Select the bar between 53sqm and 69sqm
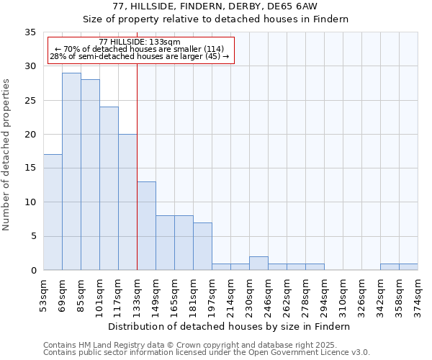pyautogui.click(x=53, y=212)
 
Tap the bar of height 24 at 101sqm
pyautogui.click(x=109, y=189)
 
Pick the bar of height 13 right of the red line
pyautogui.click(x=146, y=226)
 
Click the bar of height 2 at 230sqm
pyautogui.click(x=258, y=264)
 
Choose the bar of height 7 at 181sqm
pyautogui.click(x=202, y=246)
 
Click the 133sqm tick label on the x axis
pyautogui.click(x=137, y=295)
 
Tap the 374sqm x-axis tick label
pyautogui.click(x=418, y=295)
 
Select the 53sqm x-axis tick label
pyautogui.click(x=43, y=295)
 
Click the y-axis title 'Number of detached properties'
pyautogui.click(x=7, y=155)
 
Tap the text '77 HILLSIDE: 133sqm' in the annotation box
pyautogui.click(x=140, y=42)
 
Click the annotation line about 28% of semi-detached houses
pyautogui.click(x=140, y=57)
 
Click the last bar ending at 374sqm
pyautogui.click(x=408, y=267)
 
